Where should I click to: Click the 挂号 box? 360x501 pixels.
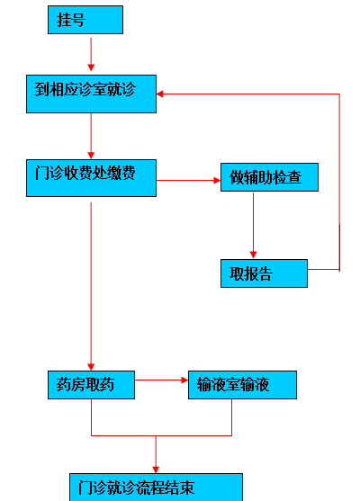click(85, 20)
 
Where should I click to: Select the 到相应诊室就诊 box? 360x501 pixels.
click(91, 94)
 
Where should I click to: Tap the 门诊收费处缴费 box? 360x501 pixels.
click(91, 178)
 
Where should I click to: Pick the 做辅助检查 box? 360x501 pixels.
click(269, 177)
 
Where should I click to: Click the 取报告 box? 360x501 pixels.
click(264, 273)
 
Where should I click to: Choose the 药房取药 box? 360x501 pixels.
click(91, 385)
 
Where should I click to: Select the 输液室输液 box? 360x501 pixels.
click(242, 385)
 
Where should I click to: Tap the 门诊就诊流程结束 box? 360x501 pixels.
click(156, 488)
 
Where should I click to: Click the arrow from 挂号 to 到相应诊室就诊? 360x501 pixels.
click(91, 54)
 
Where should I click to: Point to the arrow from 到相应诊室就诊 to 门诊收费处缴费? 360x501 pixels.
click(91, 136)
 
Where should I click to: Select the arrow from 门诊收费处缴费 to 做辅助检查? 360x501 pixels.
click(188, 181)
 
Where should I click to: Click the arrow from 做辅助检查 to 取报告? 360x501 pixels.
click(253, 226)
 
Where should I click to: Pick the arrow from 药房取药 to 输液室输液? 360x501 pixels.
click(161, 380)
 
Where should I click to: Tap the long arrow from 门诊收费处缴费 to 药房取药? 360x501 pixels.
click(91, 286)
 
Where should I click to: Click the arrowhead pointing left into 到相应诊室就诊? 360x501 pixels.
click(160, 94)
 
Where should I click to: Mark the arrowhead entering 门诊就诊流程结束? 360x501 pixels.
click(156, 470)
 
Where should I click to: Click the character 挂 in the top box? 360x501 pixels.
click(64, 20)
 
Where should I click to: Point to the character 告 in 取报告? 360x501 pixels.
click(265, 273)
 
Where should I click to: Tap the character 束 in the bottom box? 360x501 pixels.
click(187, 488)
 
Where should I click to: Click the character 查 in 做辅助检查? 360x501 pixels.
click(294, 177)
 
